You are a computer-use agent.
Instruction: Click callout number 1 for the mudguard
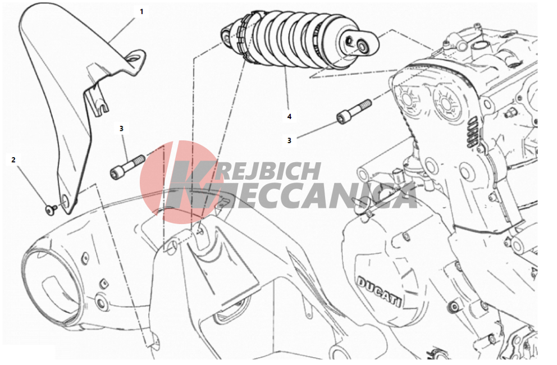pyautogui.click(x=141, y=12)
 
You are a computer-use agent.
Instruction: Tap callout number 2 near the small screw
pyautogui.click(x=13, y=160)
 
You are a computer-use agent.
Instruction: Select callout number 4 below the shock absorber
pyautogui.click(x=289, y=116)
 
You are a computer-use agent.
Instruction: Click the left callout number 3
pyautogui.click(x=121, y=128)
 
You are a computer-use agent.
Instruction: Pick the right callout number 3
pyautogui.click(x=289, y=141)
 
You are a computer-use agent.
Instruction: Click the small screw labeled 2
pyautogui.click(x=50, y=209)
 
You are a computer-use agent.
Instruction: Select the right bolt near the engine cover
pyautogui.click(x=354, y=111)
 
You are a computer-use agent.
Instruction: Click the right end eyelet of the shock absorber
pyautogui.click(x=362, y=45)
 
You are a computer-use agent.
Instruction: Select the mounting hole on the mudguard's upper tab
pyautogui.click(x=134, y=58)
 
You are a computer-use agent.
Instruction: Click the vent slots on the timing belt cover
pyautogui.click(x=472, y=132)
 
